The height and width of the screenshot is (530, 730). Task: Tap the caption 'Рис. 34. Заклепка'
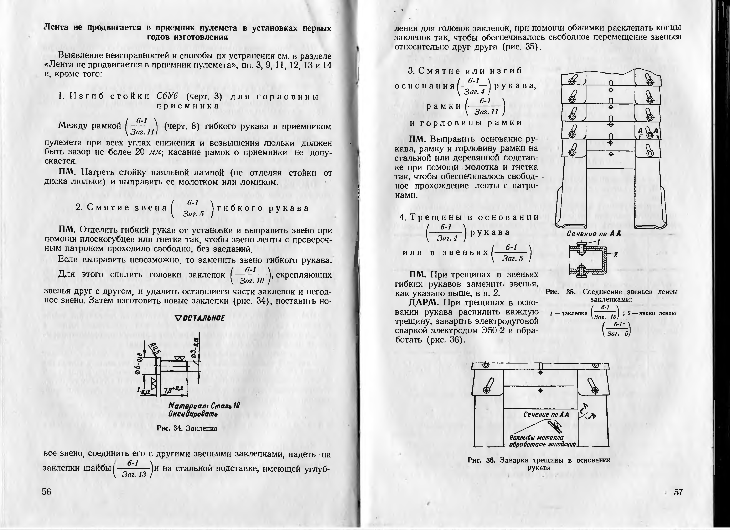(x=187, y=428)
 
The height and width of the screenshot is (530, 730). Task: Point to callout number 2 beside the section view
(x=615, y=255)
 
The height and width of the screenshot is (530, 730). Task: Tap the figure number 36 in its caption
(x=491, y=460)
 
